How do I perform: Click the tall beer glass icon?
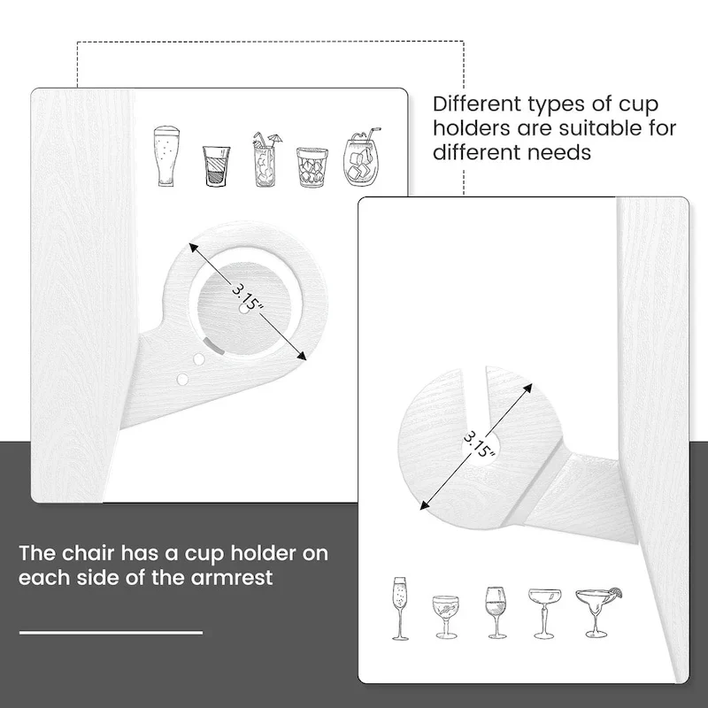point(166,156)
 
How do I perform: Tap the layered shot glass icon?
point(216,165)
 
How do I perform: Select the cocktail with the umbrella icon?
point(266,159)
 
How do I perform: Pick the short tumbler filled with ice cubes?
point(312,167)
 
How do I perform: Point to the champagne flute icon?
point(400,608)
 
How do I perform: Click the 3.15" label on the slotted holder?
point(480,444)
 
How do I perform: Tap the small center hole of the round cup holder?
point(244,309)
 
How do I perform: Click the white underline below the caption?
point(111,633)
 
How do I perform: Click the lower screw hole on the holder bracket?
point(182,380)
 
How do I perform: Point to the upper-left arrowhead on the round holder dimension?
point(194,248)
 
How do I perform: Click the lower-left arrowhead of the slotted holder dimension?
point(425,505)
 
